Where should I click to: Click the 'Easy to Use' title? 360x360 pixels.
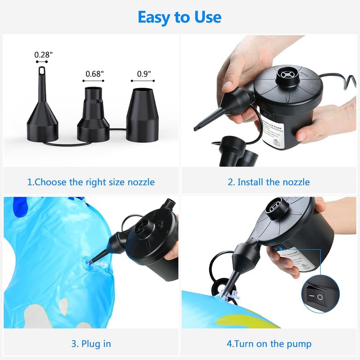pos(180,17)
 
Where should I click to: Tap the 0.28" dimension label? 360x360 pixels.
pos(44,54)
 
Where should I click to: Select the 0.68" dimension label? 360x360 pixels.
pos(95,74)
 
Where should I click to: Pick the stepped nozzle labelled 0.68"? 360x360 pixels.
pos(94,115)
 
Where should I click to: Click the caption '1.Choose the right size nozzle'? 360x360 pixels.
pos(91,182)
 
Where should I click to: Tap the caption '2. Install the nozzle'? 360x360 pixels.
pos(269,182)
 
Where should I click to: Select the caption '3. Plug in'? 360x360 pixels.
pos(91,344)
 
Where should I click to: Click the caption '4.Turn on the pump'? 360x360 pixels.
pos(269,344)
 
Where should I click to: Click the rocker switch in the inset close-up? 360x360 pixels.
pos(319,297)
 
